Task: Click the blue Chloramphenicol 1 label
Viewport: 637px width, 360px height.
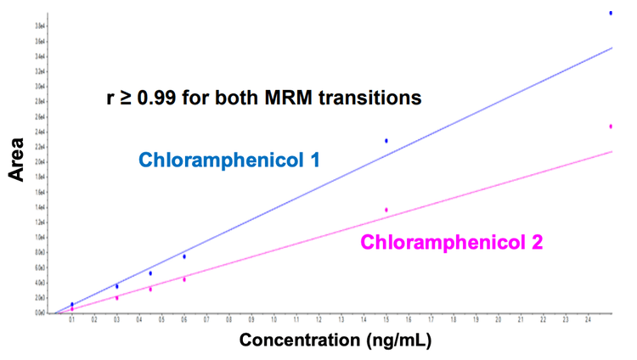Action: pos(229,160)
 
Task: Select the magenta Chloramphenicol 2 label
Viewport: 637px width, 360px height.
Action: pos(452,242)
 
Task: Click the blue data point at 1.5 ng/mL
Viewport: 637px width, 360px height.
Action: pos(386,141)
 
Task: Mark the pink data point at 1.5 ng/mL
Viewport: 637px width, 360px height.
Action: pos(386,210)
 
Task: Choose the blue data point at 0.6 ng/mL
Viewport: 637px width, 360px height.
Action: pos(184,256)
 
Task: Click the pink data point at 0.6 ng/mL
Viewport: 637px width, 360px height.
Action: pos(184,278)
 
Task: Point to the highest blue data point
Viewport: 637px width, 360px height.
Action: pos(611,13)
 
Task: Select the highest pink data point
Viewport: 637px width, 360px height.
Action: pos(611,127)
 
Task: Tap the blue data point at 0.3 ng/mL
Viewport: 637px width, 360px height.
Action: pos(117,286)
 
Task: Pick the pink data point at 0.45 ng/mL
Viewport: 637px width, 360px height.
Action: pos(150,290)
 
